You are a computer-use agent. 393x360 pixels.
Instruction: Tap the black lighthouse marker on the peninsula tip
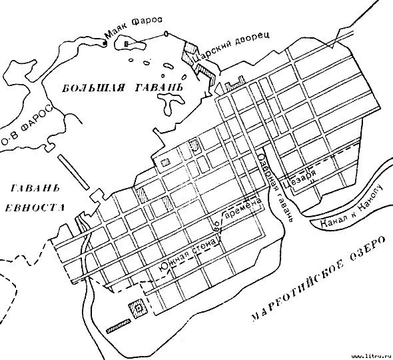(105, 43)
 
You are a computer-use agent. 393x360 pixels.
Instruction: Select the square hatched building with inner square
(139, 307)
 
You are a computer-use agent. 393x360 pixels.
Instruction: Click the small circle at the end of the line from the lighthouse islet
(164, 33)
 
